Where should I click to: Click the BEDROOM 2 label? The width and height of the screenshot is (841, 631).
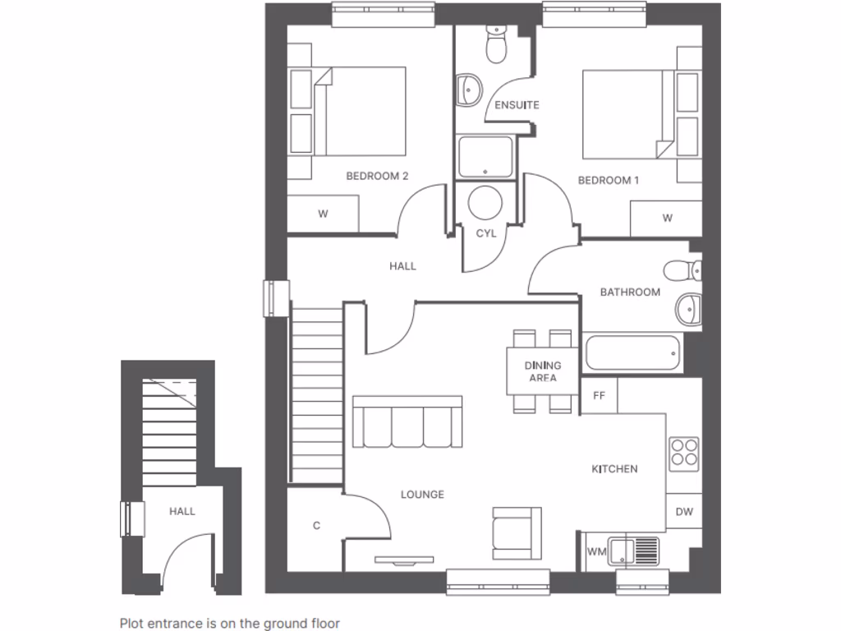[x=377, y=176]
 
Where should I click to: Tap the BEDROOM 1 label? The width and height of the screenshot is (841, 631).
[x=608, y=180]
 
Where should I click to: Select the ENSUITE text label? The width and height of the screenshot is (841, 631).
[x=517, y=105]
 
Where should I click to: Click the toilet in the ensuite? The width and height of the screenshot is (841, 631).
[x=496, y=45]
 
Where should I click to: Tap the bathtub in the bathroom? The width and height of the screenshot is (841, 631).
[x=632, y=353]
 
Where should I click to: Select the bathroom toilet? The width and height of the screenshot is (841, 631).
[x=682, y=269]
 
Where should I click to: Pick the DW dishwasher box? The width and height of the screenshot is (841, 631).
[x=684, y=512]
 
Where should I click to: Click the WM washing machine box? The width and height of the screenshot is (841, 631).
[x=597, y=552]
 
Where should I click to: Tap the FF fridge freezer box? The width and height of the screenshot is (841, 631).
[x=599, y=395]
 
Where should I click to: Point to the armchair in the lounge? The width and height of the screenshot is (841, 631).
[x=517, y=532]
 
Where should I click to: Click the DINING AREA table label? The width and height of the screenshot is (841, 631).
[x=543, y=371]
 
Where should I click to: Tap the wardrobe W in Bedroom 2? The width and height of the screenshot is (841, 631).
[x=323, y=214]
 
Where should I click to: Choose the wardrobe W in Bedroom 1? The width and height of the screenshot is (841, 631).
[x=667, y=218]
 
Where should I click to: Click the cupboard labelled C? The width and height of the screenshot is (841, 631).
[x=316, y=527]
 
